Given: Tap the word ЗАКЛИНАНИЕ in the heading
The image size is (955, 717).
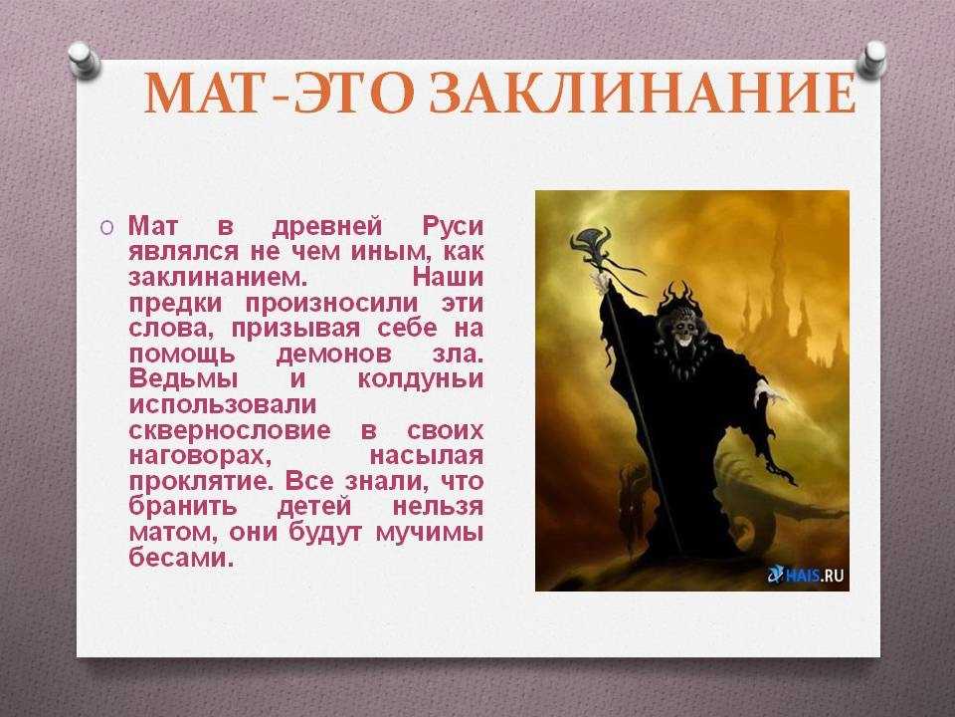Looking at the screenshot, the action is [x=643, y=94].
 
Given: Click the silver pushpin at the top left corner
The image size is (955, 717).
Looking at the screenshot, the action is [x=85, y=59].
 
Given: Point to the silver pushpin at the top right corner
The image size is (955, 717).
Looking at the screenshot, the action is [x=872, y=59].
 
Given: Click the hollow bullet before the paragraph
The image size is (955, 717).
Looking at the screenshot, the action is [x=106, y=227].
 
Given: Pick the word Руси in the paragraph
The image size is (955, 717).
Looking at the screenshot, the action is [x=453, y=227].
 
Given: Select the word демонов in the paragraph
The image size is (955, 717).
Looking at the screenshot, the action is [x=334, y=355].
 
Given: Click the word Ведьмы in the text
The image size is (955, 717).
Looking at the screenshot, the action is [x=183, y=379].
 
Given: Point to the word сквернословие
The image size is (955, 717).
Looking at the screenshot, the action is [x=230, y=430].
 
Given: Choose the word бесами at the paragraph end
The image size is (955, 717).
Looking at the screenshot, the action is [x=181, y=558].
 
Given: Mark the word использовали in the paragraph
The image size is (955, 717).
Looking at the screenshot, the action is [x=222, y=405].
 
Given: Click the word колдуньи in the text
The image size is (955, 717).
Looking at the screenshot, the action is [x=420, y=380].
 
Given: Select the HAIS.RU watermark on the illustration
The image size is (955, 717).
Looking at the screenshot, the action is [x=806, y=575].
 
